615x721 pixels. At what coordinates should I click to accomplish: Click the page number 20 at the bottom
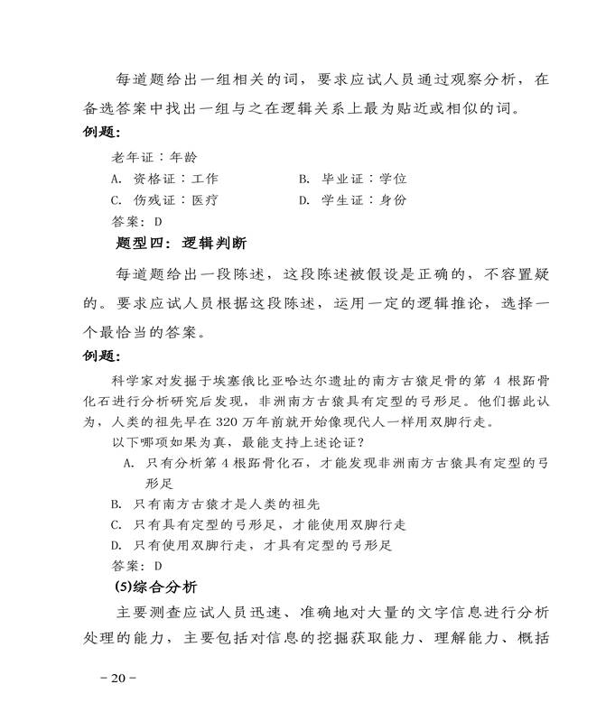pyautogui.click(x=118, y=678)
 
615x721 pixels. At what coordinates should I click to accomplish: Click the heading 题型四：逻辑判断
pyautogui.click(x=182, y=244)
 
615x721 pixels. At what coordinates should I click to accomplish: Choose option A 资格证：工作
pyautogui.click(x=163, y=179)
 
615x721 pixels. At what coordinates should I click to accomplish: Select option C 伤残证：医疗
pyautogui.click(x=163, y=199)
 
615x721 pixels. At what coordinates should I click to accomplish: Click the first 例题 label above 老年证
pyautogui.click(x=102, y=134)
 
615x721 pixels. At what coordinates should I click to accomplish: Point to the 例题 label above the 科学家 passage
pyautogui.click(x=102, y=356)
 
